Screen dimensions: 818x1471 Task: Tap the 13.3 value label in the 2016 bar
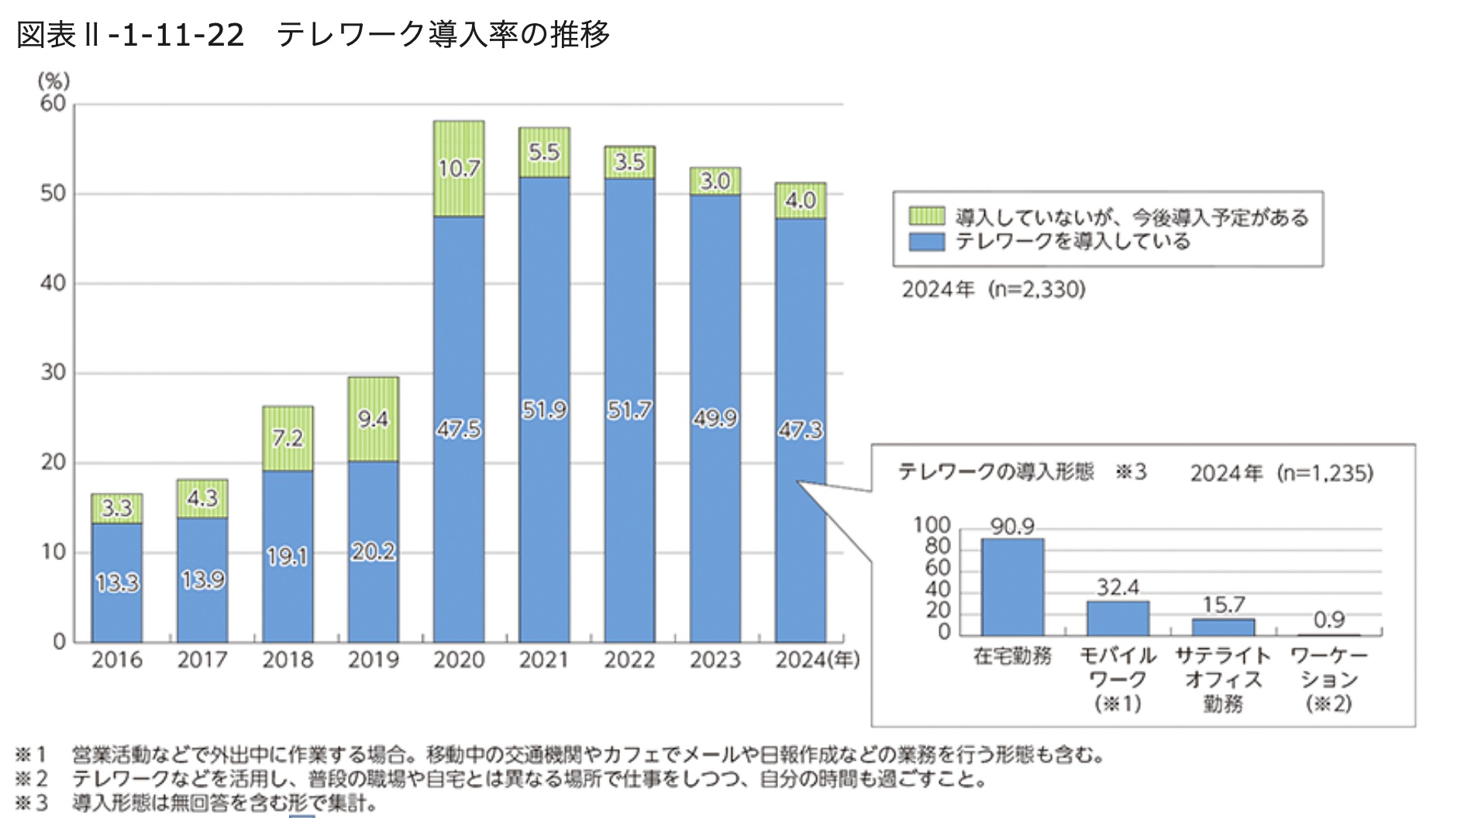(117, 583)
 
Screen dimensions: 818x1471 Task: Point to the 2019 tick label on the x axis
(373, 660)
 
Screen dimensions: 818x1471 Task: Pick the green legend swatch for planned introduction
(926, 216)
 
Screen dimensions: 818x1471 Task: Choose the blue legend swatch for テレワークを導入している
(926, 242)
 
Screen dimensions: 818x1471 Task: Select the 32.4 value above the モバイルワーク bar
(1118, 587)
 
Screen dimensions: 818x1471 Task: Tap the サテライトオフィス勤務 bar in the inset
(1223, 627)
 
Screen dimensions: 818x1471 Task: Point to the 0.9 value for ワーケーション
(1328, 620)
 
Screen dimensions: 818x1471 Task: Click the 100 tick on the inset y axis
(932, 525)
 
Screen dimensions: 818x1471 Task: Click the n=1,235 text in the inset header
(1325, 473)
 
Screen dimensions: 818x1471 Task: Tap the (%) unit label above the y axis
(53, 81)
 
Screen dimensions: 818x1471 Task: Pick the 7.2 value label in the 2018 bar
(288, 438)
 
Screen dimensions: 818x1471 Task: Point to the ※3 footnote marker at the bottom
(32, 803)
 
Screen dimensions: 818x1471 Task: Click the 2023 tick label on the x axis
(715, 660)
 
